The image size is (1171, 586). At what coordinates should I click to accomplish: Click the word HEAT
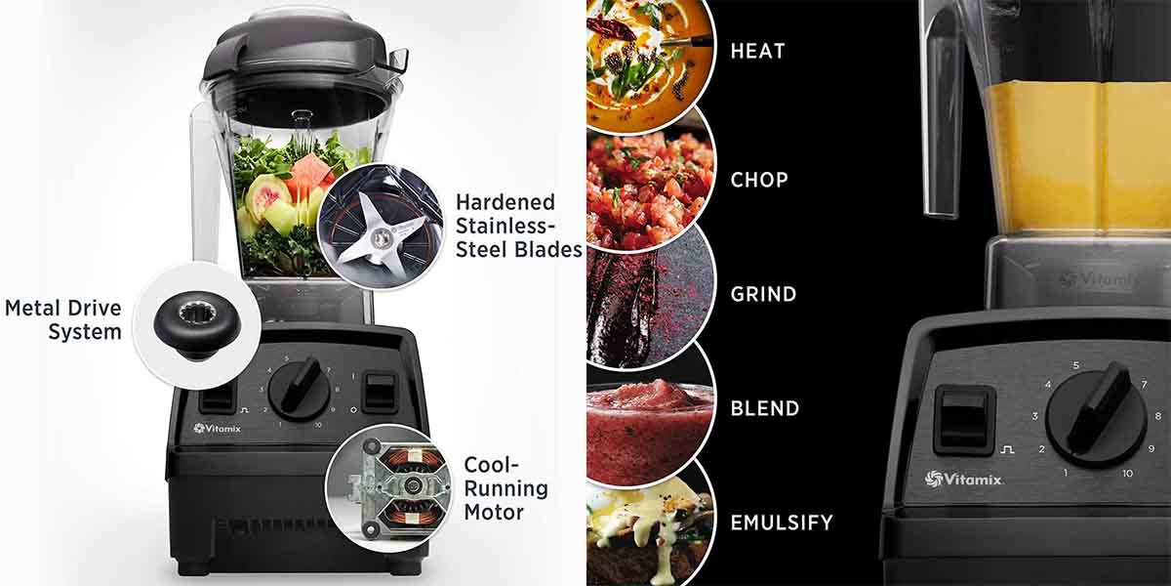pyautogui.click(x=757, y=51)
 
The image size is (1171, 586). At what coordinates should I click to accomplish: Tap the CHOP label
pyautogui.click(x=759, y=180)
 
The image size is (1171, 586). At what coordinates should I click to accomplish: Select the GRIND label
pyautogui.click(x=763, y=294)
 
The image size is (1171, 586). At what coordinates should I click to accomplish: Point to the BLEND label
pyautogui.click(x=765, y=408)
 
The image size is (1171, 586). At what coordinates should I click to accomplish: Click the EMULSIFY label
pyautogui.click(x=782, y=523)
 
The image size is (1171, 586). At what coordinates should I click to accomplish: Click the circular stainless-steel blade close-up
pyautogui.click(x=381, y=227)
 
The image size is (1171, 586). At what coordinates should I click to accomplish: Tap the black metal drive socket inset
pyautogui.click(x=197, y=325)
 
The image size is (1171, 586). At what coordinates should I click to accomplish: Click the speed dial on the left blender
pyautogui.click(x=299, y=390)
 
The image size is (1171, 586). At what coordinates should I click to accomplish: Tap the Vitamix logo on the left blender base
pyautogui.click(x=217, y=429)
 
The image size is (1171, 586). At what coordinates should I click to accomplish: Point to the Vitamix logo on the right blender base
pyautogui.click(x=963, y=479)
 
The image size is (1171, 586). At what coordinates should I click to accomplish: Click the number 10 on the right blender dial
pyautogui.click(x=1127, y=474)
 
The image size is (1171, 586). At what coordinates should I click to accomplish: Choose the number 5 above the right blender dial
pyautogui.click(x=1075, y=365)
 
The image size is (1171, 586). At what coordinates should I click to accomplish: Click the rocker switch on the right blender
pyautogui.click(x=965, y=420)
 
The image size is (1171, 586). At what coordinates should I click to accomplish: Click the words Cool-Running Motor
pyautogui.click(x=505, y=488)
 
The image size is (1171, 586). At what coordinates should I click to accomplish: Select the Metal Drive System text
pyautogui.click(x=63, y=319)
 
